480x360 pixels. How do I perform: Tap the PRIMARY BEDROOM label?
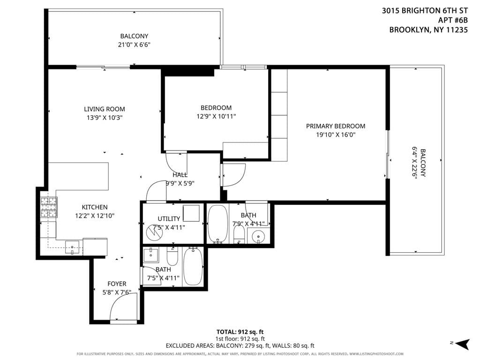click(335, 126)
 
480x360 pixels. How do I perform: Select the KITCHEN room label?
click(95, 207)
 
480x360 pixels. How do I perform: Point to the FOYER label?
click(117, 284)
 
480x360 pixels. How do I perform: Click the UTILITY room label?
click(169, 218)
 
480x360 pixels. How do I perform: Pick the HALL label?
click(180, 175)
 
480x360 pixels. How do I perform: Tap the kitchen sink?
click(73, 246)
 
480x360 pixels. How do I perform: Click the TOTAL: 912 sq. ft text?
click(240, 331)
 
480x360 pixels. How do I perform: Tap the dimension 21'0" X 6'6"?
click(134, 45)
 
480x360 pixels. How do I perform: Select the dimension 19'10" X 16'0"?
click(335, 135)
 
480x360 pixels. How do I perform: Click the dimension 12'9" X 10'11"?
click(216, 116)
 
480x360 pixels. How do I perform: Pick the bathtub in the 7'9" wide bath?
click(217, 224)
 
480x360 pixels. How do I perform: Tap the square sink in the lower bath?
click(151, 255)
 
